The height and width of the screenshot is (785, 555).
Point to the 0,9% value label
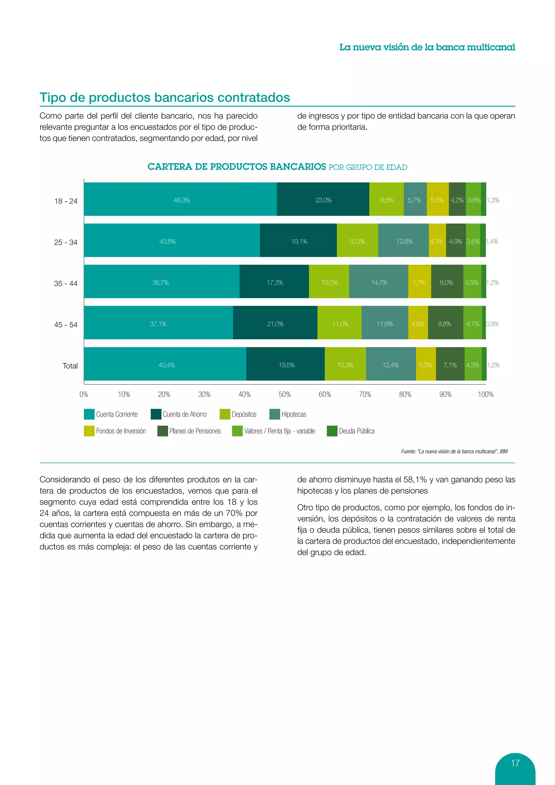click(x=492, y=324)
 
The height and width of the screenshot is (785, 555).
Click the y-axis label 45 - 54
click(x=66, y=324)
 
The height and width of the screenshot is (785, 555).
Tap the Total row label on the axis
click(x=70, y=366)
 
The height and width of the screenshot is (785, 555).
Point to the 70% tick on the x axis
click(x=365, y=394)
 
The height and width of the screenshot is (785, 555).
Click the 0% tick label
click(x=84, y=394)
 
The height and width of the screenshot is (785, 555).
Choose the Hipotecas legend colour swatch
click(x=275, y=414)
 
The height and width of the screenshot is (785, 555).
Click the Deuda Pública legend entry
click(x=356, y=431)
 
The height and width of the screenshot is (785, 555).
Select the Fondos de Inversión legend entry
click(x=121, y=431)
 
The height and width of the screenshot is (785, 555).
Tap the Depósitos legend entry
click(x=244, y=414)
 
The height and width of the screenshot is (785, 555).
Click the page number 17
click(x=515, y=763)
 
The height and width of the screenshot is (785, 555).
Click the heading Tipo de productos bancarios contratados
click(x=165, y=97)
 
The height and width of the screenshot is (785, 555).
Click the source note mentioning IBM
click(x=454, y=451)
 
